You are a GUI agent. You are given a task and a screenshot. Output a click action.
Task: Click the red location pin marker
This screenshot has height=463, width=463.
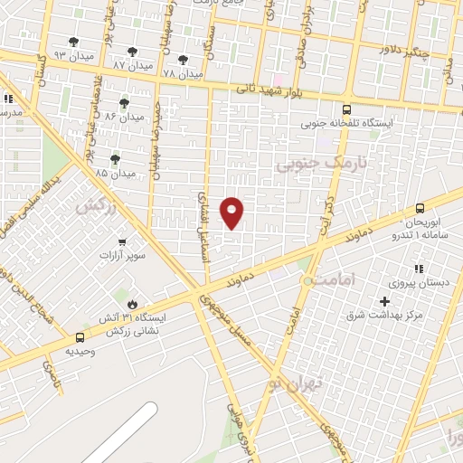click(x=232, y=212)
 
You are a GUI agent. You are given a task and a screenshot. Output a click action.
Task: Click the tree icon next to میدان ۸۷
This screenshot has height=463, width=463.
click(x=132, y=52)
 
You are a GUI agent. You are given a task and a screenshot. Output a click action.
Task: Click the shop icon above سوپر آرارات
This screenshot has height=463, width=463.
click(x=122, y=242)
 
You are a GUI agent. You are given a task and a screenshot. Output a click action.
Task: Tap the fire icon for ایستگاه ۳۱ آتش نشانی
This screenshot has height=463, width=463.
click(x=135, y=304)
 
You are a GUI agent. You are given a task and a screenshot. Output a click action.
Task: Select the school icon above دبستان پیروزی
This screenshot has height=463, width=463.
click(x=418, y=269)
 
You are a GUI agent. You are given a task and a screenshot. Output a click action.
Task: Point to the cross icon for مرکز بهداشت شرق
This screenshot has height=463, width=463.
click(x=385, y=300)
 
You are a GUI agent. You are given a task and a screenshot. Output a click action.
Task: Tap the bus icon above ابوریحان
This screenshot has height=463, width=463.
click(x=419, y=208)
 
